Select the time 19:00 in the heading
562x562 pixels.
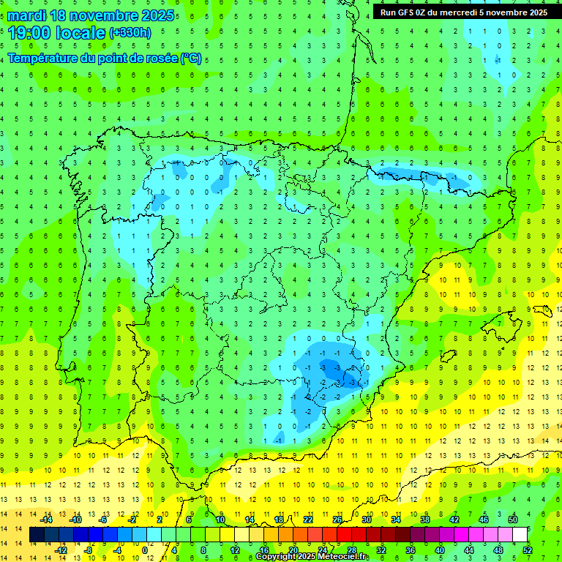(x=30, y=32)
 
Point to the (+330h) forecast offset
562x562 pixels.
(x=130, y=32)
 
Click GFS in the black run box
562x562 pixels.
(x=409, y=12)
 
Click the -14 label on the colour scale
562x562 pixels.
(x=46, y=520)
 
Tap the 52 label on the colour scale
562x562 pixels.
(x=528, y=550)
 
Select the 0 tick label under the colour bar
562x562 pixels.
(x=145, y=550)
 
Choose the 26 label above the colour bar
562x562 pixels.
(x=337, y=520)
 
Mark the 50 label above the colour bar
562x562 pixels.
(x=513, y=520)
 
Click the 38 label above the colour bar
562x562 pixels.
(x=425, y=520)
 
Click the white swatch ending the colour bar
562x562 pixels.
(x=520, y=535)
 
